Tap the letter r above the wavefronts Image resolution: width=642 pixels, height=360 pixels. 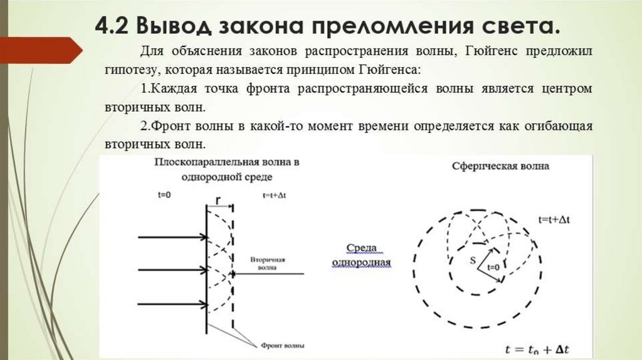point(219,199)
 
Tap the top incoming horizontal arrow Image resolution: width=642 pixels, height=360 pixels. point(172,237)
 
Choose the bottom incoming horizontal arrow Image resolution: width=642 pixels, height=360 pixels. point(172,305)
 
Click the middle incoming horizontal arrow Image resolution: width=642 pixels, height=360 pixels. point(172,270)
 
